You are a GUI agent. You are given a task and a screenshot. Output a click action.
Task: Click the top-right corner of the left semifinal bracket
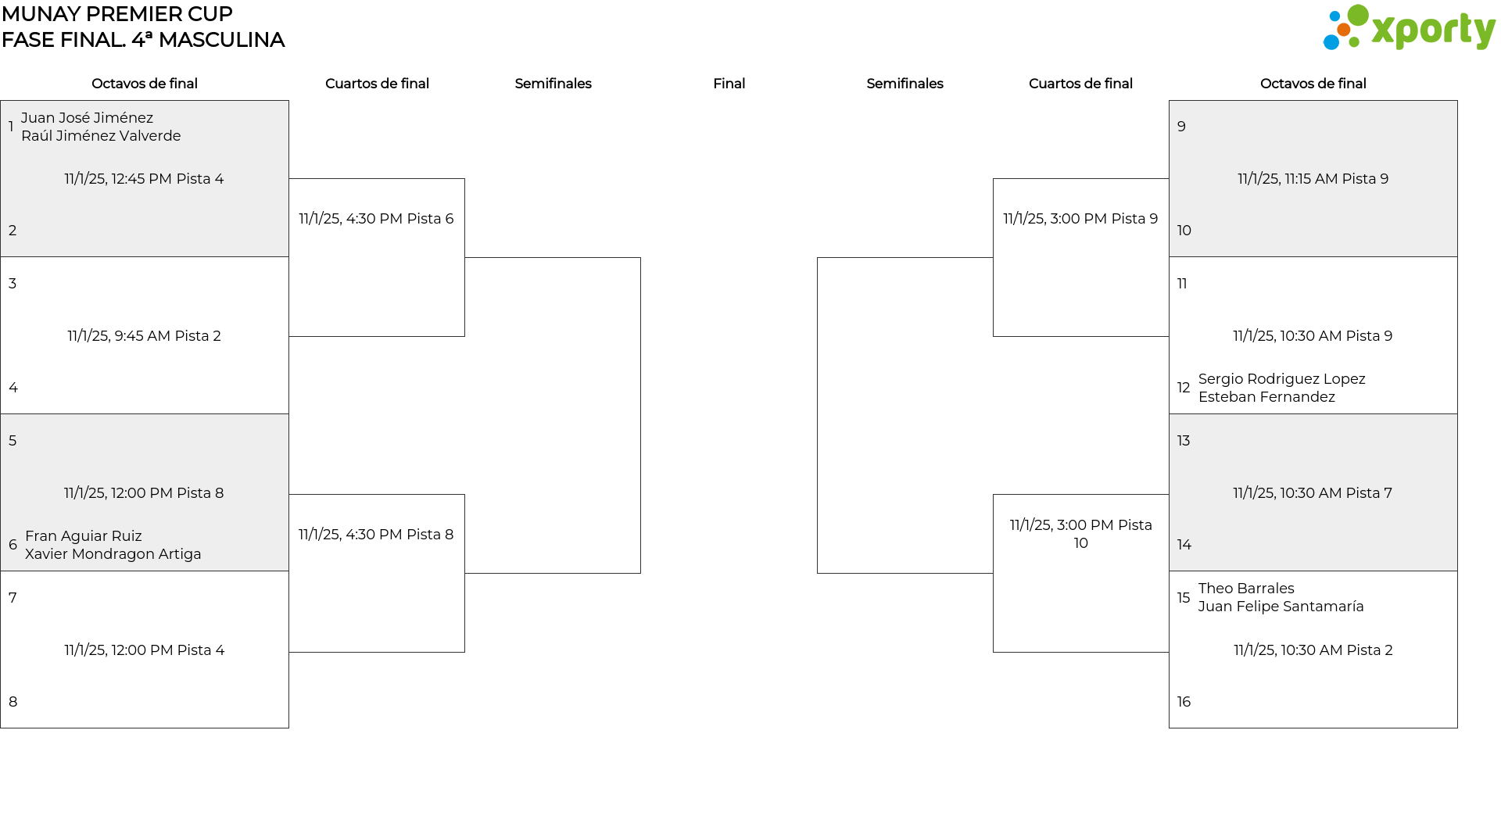pos(640,258)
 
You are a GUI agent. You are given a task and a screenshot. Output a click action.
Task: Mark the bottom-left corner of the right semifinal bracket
pos(818,573)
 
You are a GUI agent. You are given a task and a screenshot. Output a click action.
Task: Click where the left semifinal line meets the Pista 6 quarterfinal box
pos(464,258)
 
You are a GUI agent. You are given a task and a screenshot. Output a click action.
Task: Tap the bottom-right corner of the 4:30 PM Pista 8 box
pos(464,652)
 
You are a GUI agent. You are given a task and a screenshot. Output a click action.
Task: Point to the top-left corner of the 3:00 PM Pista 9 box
pos(994,179)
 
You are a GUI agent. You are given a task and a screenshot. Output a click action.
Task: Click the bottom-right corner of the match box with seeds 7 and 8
pos(288,728)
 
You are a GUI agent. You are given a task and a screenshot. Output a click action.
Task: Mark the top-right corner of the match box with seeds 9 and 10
pos(1457,101)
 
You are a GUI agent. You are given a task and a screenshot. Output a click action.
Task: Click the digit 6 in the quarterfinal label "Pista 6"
pos(450,219)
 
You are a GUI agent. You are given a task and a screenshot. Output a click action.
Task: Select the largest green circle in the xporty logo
pos(1358,16)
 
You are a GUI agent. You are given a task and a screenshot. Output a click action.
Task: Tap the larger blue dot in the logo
pos(1331,41)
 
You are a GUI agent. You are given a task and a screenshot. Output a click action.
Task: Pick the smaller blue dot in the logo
pos(1334,16)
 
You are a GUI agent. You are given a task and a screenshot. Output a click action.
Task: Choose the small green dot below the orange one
pos(1353,44)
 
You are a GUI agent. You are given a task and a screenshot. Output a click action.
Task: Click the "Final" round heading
pos(729,84)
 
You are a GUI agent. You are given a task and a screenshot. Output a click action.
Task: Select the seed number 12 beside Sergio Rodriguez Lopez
pos(1184,388)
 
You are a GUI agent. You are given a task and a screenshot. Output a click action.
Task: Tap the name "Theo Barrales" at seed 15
pos(1246,589)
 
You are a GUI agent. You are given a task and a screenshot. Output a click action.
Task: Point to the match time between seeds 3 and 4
pos(144,336)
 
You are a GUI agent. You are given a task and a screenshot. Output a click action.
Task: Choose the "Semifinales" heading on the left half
pos(553,84)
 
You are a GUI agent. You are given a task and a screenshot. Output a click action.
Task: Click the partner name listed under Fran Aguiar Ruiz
pos(113,554)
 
